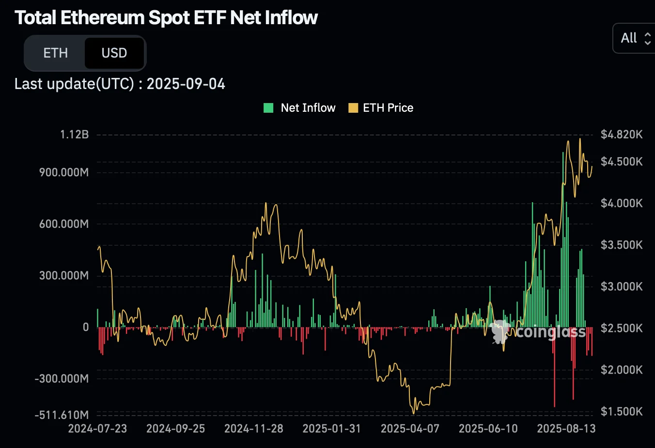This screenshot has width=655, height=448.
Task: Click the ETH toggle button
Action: click(x=55, y=53)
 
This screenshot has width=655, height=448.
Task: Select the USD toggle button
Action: click(x=114, y=53)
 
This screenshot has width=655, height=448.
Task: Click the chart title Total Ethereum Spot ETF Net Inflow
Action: click(x=166, y=18)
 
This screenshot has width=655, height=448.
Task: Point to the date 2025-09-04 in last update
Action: click(x=186, y=84)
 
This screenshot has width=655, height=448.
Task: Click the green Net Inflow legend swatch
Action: click(x=268, y=108)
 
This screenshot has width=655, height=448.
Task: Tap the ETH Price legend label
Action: click(x=388, y=108)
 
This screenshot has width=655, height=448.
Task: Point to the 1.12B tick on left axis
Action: click(x=75, y=134)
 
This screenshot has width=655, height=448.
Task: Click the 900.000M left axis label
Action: click(x=64, y=172)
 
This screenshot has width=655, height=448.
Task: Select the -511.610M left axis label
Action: click(x=62, y=415)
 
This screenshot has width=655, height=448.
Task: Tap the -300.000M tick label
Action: click(x=62, y=378)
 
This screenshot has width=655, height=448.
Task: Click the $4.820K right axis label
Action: click(x=621, y=134)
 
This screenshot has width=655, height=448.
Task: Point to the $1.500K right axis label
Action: click(x=621, y=411)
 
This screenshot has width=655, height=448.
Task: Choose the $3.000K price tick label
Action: click(x=621, y=286)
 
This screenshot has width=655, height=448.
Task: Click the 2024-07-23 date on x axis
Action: click(x=97, y=429)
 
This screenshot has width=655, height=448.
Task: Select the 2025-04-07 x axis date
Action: click(x=410, y=429)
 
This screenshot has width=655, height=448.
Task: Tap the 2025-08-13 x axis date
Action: click(x=566, y=429)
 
